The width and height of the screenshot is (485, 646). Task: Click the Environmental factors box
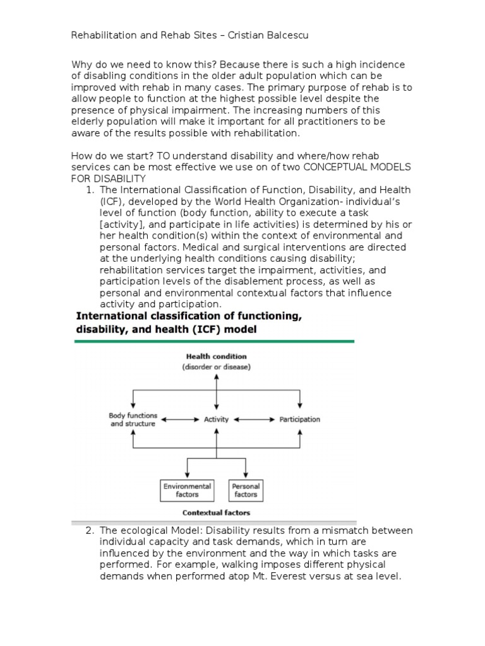coord(187,490)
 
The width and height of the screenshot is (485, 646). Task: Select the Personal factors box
coord(246,490)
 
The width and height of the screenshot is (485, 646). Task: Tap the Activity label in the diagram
coord(217,419)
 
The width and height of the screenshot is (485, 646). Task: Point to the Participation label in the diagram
coord(299,419)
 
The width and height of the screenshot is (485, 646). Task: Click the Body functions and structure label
coord(133,420)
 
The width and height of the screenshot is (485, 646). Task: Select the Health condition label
coord(217,356)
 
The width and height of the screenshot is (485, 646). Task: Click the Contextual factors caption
coord(216,513)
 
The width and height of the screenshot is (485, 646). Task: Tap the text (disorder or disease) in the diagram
coord(217,367)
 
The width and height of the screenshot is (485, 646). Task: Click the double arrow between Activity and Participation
coord(254,419)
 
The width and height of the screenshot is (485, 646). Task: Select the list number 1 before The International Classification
coord(90,190)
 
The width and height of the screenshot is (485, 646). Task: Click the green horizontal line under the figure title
coord(215,341)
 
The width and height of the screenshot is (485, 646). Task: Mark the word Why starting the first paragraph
coord(81,65)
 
